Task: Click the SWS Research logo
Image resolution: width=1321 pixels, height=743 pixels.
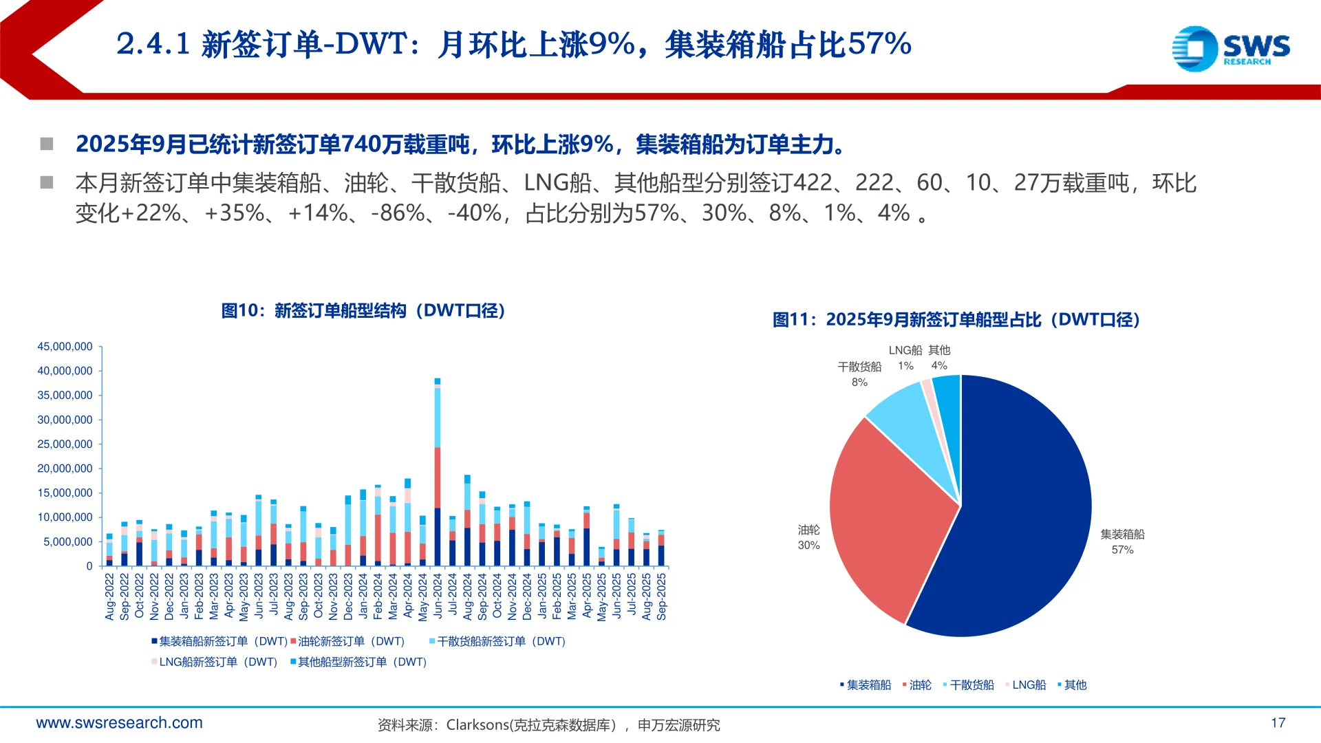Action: click(1230, 48)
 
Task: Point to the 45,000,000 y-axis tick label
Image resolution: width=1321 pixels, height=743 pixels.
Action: click(65, 347)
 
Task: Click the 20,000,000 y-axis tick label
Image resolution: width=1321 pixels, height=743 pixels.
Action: click(65, 469)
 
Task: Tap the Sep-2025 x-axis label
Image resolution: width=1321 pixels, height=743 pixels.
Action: click(661, 596)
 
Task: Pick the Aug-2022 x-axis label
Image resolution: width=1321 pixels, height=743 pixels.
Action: click(109, 596)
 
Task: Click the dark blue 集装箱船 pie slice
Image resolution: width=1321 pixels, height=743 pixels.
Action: click(1018, 523)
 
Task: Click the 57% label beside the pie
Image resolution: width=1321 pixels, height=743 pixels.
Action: click(1122, 550)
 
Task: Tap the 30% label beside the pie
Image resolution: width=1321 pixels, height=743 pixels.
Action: click(808, 545)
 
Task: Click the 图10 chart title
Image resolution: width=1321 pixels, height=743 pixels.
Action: click(363, 311)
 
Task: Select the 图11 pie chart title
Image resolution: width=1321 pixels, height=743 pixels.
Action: click(956, 320)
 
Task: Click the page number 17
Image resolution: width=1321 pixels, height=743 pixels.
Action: click(1278, 722)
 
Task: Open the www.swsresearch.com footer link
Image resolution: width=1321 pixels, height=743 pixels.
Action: click(119, 722)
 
